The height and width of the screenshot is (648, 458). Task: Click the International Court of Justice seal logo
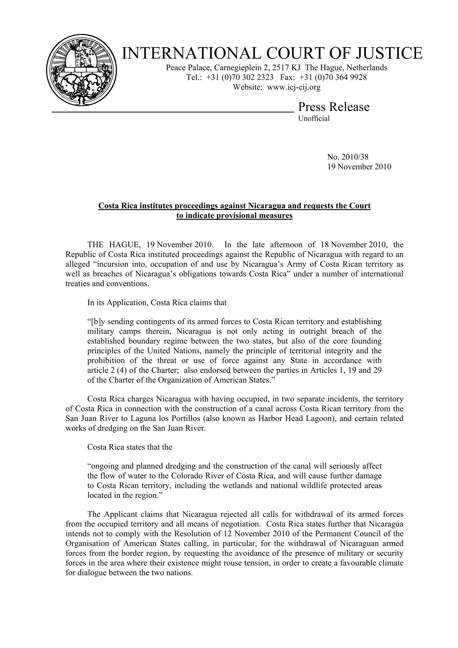click(x=82, y=70)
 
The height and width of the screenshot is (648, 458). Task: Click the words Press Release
click(x=334, y=107)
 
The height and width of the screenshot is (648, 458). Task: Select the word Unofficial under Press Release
click(x=314, y=119)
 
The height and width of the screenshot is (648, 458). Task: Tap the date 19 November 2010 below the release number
click(x=359, y=167)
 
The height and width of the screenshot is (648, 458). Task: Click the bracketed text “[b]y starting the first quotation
click(x=97, y=322)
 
